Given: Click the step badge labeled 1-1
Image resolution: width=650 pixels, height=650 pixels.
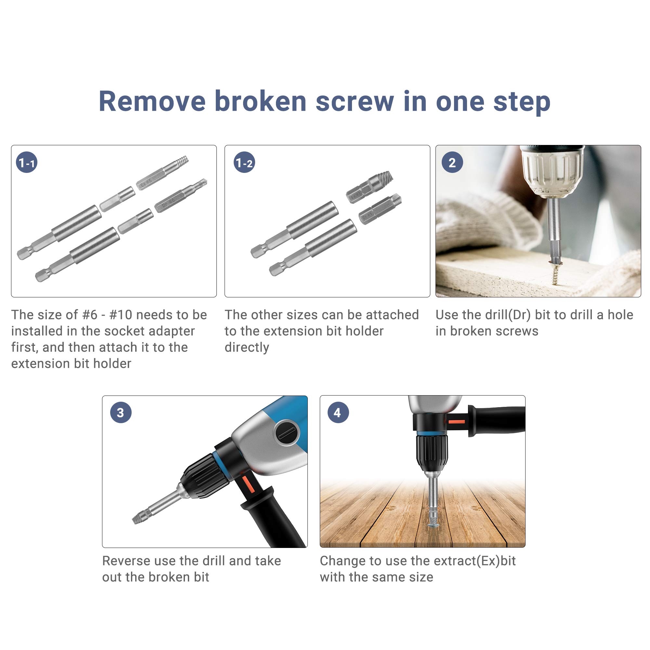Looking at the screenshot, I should pos(27,163).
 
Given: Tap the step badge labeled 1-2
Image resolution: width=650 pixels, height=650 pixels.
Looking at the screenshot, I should pos(244,163).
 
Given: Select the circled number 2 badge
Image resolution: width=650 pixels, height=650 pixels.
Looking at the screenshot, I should pos(452,163).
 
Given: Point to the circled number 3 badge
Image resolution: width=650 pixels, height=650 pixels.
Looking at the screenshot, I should pos(121,412).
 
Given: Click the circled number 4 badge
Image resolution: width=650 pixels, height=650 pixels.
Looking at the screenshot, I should pos(338,412).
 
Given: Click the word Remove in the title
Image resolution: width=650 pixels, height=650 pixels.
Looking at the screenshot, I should pos(152,102).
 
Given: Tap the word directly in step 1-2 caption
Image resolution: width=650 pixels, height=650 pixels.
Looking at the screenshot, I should pos(247,347).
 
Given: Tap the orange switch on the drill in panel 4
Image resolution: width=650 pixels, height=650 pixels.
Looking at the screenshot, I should pos(457,422).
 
